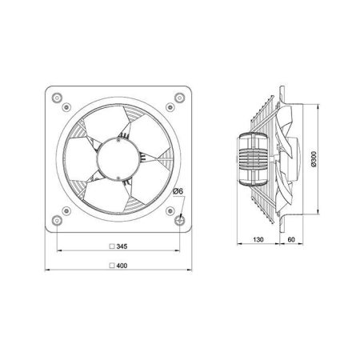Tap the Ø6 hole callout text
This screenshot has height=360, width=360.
point(178,191)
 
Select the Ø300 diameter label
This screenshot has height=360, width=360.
point(314,159)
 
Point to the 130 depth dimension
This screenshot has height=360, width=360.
point(258,239)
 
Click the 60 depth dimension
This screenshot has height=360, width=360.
point(291,239)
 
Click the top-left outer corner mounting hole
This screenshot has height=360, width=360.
point(57,98)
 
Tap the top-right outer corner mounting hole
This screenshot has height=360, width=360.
point(179,98)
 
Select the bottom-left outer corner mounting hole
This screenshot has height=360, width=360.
point(57,221)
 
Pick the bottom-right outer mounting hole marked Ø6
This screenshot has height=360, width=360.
point(179,221)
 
